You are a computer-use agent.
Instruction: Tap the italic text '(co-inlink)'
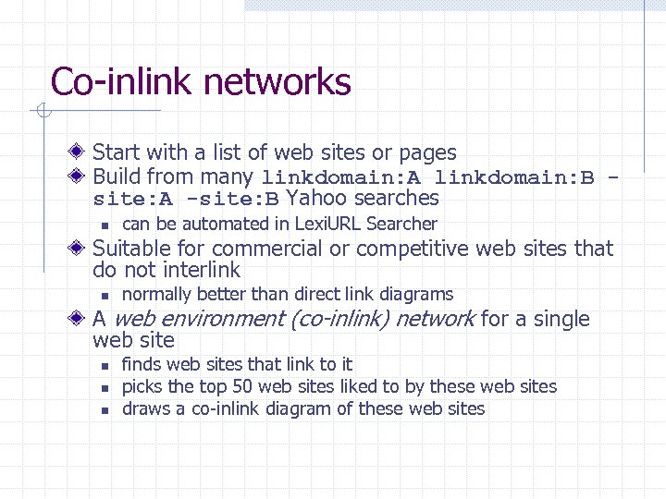pos(343,320)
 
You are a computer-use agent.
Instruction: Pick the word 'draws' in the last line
pos(142,408)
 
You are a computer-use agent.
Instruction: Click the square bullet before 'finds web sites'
pos(105,365)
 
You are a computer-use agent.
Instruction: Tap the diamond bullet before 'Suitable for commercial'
pos(81,249)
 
